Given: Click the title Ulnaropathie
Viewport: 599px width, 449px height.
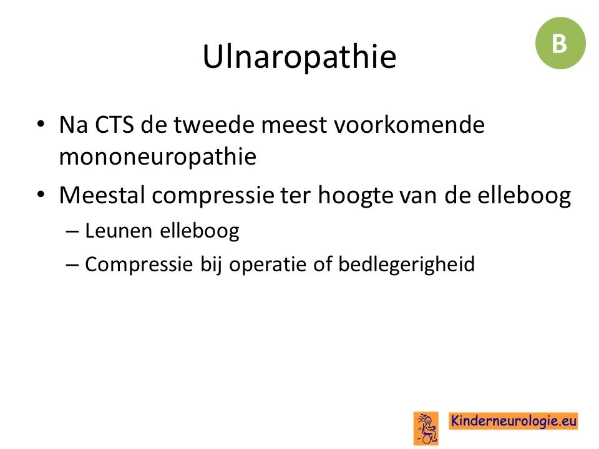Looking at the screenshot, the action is pyautogui.click(x=299, y=57).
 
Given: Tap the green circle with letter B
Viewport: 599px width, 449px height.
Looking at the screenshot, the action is pyautogui.click(x=560, y=43).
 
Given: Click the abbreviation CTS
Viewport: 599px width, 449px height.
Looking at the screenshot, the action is pyautogui.click(x=114, y=125).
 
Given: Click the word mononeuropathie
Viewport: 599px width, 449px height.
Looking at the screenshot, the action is pyautogui.click(x=158, y=157).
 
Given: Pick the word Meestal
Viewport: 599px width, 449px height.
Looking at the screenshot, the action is pyautogui.click(x=102, y=195).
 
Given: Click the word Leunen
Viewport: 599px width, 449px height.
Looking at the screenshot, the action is pyautogui.click(x=119, y=231).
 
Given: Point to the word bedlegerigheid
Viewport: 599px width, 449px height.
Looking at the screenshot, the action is pyautogui.click(x=406, y=264).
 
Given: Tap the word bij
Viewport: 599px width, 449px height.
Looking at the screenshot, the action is pyautogui.click(x=211, y=264).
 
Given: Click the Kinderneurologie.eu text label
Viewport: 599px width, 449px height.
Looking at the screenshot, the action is pyautogui.click(x=514, y=421).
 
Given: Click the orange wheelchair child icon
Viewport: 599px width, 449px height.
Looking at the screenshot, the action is pyautogui.click(x=426, y=428).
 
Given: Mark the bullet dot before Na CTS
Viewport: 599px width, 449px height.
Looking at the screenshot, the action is pyautogui.click(x=41, y=124).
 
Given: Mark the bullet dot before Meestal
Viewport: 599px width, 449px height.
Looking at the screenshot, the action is pyautogui.click(x=41, y=195).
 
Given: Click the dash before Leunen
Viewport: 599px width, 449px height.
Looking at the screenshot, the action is pyautogui.click(x=72, y=232).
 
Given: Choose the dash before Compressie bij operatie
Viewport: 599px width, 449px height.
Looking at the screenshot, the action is pyautogui.click(x=72, y=265).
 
